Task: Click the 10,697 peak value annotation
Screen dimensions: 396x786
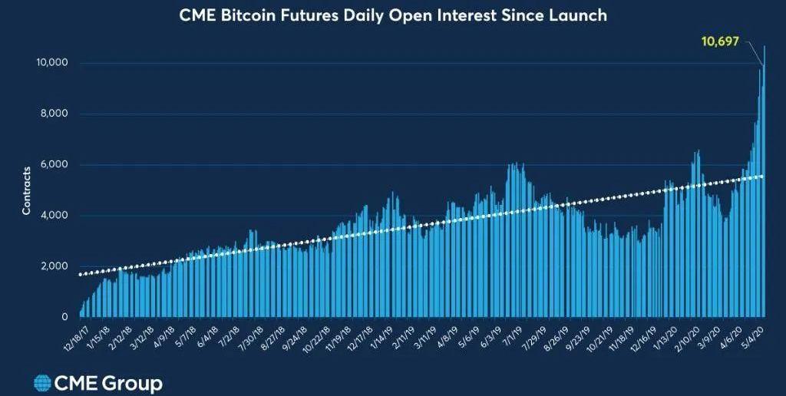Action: pyautogui.click(x=720, y=41)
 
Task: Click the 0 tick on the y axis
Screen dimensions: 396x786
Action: pyautogui.click(x=65, y=316)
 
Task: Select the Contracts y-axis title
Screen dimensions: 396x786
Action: pyautogui.click(x=27, y=190)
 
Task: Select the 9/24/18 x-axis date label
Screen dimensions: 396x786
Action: pyautogui.click(x=296, y=335)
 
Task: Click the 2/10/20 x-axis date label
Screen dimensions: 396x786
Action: pyautogui.click(x=686, y=335)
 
